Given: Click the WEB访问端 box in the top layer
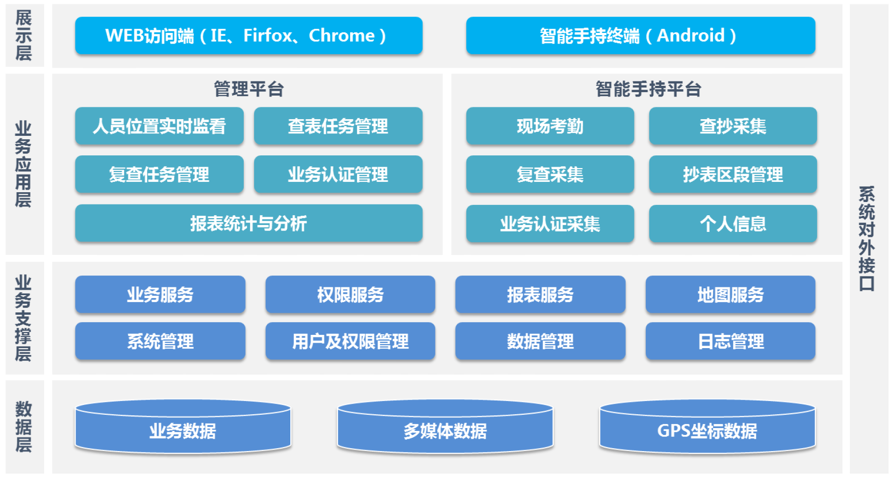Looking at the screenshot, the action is [x=249, y=35].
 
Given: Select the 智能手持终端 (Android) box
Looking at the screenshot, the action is [x=640, y=35].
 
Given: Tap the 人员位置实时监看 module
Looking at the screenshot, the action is [x=159, y=126].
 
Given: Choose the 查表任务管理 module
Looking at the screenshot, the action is [x=338, y=126].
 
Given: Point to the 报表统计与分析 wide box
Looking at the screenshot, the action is [x=249, y=223].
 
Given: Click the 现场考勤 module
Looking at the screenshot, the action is [x=550, y=126].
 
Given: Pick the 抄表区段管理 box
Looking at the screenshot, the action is [x=733, y=174].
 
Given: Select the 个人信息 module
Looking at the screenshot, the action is [x=733, y=224].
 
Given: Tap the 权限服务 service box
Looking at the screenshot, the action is [x=350, y=294].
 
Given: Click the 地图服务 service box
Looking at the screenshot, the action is [x=731, y=294].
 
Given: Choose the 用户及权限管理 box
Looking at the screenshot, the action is [x=350, y=341].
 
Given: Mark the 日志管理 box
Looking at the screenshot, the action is [x=731, y=341].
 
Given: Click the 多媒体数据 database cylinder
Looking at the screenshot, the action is [x=445, y=427].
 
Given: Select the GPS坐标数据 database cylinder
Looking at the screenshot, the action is [x=707, y=427].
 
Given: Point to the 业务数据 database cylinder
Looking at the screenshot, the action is [x=183, y=427].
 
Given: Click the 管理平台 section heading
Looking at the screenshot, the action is [x=249, y=89].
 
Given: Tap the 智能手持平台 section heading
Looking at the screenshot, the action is [x=648, y=89].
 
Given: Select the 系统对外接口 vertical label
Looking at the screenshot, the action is [x=867, y=239].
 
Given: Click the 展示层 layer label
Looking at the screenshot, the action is [x=24, y=35].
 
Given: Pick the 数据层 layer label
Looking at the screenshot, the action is [x=24, y=427].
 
